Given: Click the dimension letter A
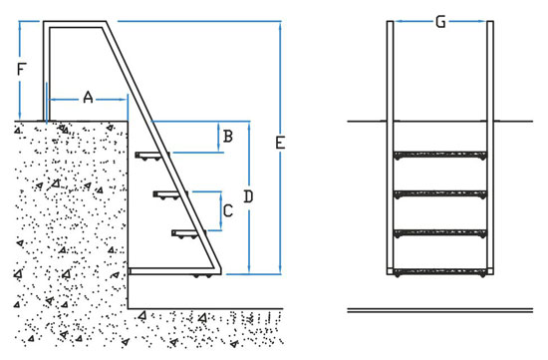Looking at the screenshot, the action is click(x=88, y=97).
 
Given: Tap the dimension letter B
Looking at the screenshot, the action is click(x=228, y=136).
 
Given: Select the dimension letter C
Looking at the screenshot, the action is click(x=228, y=211).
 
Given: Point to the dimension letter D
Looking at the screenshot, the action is click(x=248, y=197).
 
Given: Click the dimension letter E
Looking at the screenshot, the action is click(x=280, y=143).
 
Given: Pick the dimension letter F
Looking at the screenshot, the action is click(x=21, y=69).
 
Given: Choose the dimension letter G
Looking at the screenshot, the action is click(x=440, y=22).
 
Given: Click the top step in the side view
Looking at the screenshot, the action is click(x=152, y=155).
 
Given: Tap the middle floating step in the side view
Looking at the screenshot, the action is click(x=170, y=193).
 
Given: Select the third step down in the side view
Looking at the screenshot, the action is click(x=188, y=232).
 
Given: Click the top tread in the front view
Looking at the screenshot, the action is click(x=440, y=155).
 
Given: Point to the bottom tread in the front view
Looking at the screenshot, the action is click(x=440, y=271).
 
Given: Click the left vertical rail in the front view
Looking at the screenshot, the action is click(x=390, y=148).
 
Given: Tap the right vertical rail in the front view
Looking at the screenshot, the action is click(x=490, y=148).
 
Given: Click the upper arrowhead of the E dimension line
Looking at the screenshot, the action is click(x=280, y=25).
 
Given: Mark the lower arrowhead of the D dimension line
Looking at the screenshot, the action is click(x=249, y=269).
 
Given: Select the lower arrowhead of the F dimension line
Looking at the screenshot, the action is click(x=20, y=117).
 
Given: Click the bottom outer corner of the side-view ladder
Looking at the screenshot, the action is click(x=221, y=274).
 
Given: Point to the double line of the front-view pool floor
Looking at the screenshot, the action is click(x=440, y=310).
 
